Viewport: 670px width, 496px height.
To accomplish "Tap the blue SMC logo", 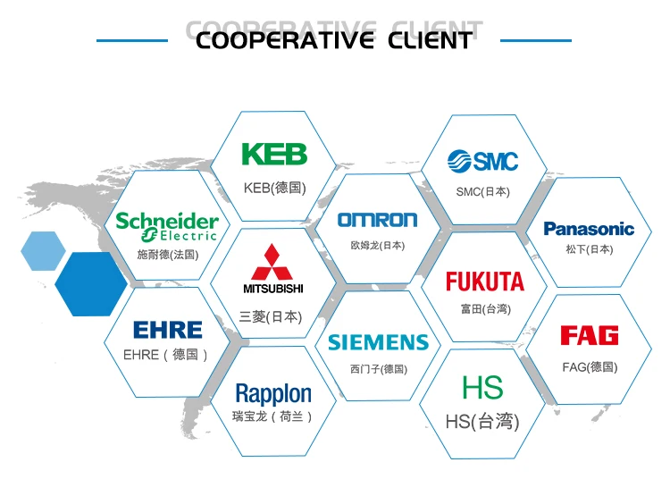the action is [x=483, y=161].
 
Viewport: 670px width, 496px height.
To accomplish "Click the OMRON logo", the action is [x=377, y=220].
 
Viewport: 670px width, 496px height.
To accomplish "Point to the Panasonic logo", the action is [x=589, y=229].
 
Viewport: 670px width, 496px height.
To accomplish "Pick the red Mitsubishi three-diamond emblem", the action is [x=273, y=262].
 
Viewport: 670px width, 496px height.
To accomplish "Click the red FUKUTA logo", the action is [x=485, y=282].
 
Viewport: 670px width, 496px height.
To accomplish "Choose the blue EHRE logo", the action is [x=167, y=330].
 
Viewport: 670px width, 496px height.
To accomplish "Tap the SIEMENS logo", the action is [x=378, y=342].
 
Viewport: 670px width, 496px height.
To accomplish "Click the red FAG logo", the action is [x=590, y=336].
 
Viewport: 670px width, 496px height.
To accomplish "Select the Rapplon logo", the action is [x=273, y=393].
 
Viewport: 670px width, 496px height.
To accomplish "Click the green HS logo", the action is [x=482, y=388].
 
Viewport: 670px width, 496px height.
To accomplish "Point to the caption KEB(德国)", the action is [x=274, y=189].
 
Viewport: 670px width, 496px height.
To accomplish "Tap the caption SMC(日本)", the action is [x=482, y=191].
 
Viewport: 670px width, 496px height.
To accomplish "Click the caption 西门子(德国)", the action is [x=378, y=369].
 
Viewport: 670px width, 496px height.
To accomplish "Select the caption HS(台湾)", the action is [x=482, y=422].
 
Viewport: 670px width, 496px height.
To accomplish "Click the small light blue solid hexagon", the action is [x=43, y=250].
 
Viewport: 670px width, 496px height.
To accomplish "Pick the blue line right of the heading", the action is [x=535, y=40].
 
